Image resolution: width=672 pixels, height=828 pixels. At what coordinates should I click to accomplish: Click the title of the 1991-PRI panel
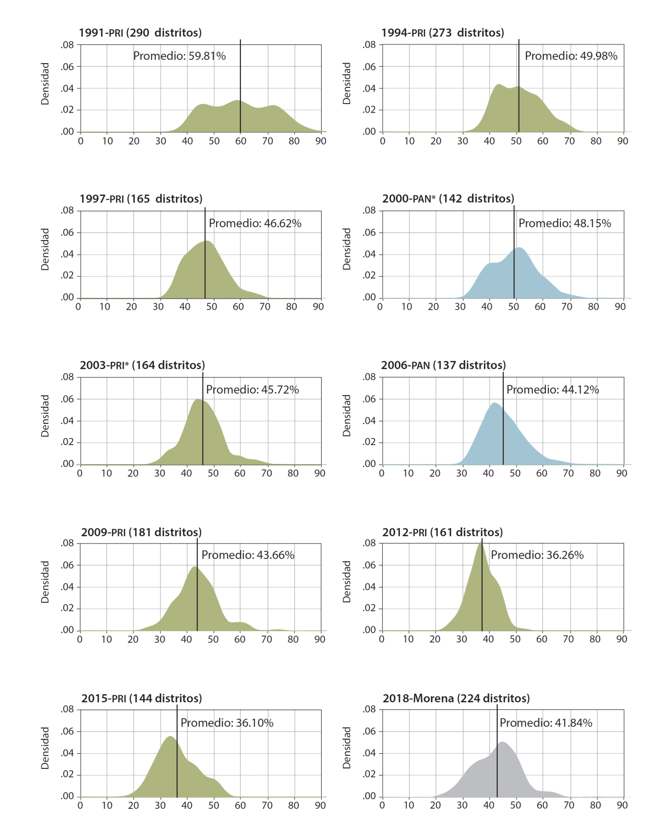click(x=140, y=33)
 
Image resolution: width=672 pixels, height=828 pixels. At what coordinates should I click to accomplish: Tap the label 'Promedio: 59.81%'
click(x=179, y=56)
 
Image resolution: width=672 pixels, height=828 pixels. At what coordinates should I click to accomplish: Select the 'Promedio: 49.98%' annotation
click(x=571, y=56)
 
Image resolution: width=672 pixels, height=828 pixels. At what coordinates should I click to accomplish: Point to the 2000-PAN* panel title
click(x=448, y=199)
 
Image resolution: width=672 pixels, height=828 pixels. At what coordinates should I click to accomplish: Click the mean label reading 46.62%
click(x=255, y=223)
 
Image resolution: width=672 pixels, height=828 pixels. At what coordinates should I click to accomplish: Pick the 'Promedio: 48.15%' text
click(x=564, y=223)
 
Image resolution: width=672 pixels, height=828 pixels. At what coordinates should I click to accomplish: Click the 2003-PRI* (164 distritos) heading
click(x=142, y=365)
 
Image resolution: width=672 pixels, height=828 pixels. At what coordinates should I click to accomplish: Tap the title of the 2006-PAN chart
click(x=443, y=365)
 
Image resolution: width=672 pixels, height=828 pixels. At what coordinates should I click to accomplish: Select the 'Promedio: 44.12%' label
click(x=552, y=389)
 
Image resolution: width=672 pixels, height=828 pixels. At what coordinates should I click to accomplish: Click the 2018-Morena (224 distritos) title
click(x=456, y=698)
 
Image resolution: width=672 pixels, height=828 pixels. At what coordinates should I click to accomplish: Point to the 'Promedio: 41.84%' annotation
click(x=546, y=723)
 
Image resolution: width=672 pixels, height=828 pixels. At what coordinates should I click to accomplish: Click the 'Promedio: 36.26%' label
click(x=537, y=555)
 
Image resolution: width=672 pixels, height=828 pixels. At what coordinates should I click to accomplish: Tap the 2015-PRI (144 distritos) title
click(x=141, y=698)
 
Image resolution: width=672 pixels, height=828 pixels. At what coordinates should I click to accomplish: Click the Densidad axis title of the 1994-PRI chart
click(x=346, y=84)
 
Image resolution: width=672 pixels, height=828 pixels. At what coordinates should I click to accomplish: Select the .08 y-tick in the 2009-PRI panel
click(x=67, y=544)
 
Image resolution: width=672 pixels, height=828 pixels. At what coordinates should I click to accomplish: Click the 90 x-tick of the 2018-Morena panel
click(x=622, y=805)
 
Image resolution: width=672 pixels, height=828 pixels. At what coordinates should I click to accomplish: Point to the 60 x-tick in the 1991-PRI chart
click(x=241, y=141)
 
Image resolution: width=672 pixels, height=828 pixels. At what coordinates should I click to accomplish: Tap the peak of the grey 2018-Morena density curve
click(x=502, y=742)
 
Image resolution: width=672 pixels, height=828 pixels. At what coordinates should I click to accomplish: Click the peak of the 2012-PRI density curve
click(x=480, y=543)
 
